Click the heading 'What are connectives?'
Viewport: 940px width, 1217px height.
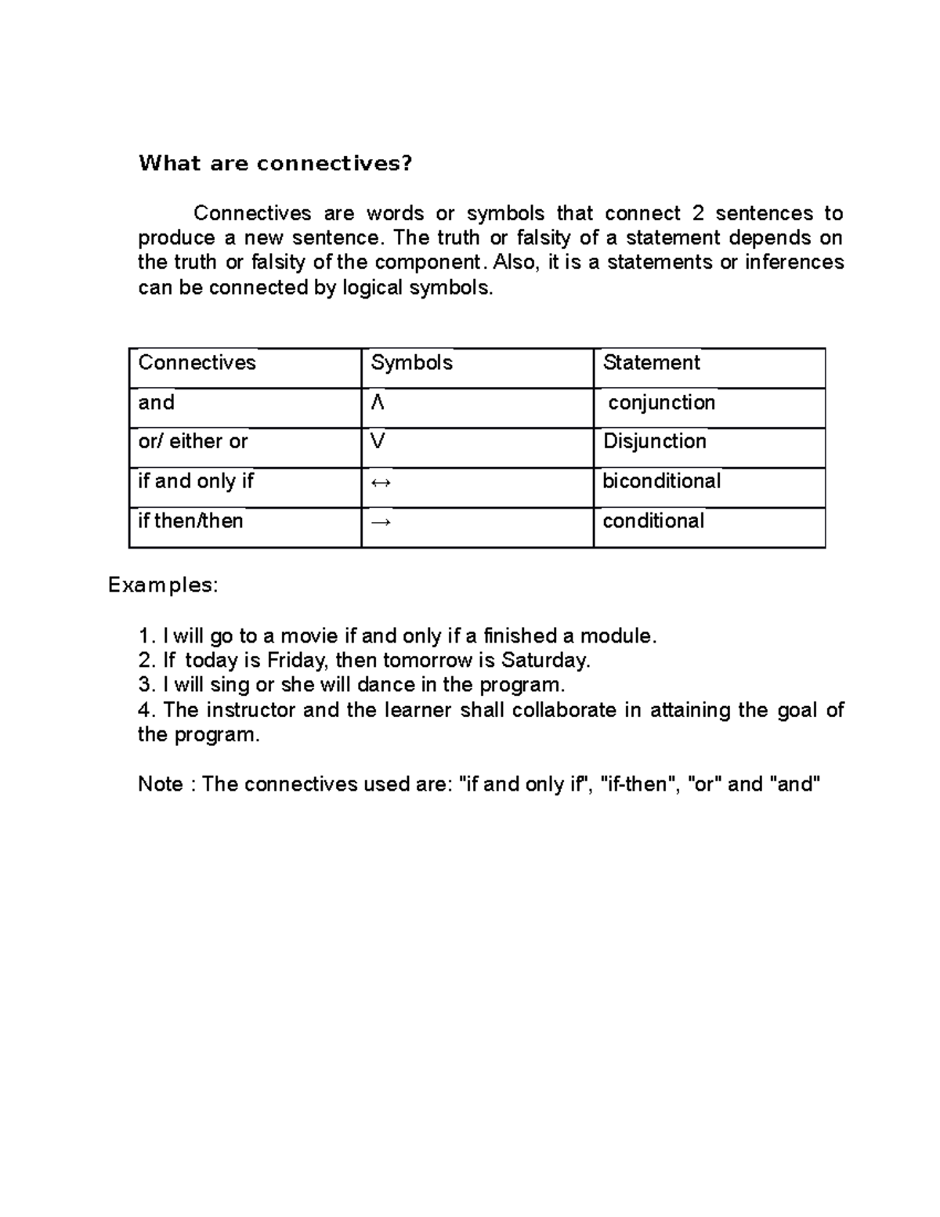pyautogui.click(x=275, y=163)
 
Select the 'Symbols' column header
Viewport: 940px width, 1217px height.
pyautogui.click(x=411, y=362)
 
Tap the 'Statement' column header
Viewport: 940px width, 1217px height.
pyautogui.click(x=650, y=362)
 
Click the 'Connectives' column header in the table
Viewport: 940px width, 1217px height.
pyautogui.click(x=197, y=362)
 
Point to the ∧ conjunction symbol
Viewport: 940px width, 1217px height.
pyautogui.click(x=378, y=403)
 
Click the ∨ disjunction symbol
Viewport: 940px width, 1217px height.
pyautogui.click(x=378, y=442)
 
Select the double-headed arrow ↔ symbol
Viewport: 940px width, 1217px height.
pyautogui.click(x=381, y=483)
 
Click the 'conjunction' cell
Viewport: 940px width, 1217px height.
pyautogui.click(x=661, y=403)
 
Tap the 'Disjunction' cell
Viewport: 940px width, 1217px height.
pyautogui.click(x=654, y=441)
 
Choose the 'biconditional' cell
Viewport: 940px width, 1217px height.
pyautogui.click(x=661, y=480)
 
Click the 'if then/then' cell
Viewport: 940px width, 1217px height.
pyautogui.click(x=190, y=520)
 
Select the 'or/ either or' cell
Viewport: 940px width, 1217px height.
pyautogui.click(x=193, y=441)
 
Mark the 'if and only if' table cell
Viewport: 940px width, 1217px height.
pyautogui.click(x=196, y=480)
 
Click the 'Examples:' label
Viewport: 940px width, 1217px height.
pyautogui.click(x=163, y=585)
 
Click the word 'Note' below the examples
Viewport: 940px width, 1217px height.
pyautogui.click(x=160, y=784)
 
